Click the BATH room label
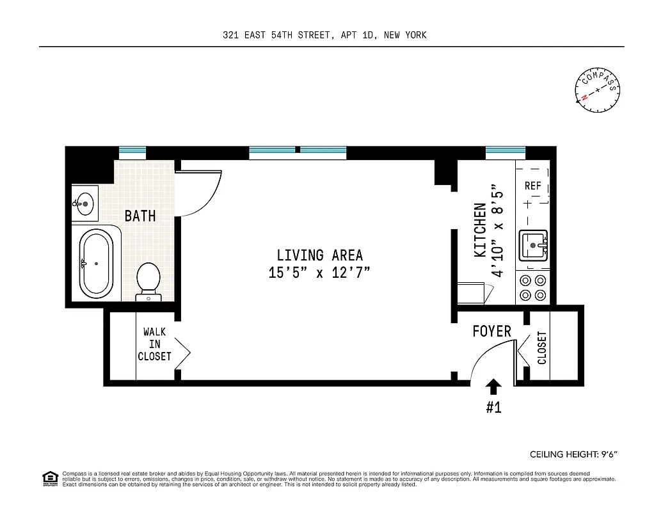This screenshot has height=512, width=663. point(140,216)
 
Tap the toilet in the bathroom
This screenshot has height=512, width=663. point(148,280)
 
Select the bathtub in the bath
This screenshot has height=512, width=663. point(95,263)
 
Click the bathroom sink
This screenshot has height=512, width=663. point(84,204)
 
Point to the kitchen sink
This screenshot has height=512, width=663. point(534,246)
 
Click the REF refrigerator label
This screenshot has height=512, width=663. point(532,186)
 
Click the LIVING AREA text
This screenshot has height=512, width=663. point(319,255)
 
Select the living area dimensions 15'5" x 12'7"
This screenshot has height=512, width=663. point(319,273)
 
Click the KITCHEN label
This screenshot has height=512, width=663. point(480,230)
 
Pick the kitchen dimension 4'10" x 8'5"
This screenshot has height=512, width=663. point(499,230)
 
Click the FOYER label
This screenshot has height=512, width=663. point(491,331)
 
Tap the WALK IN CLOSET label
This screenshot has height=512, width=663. point(154,344)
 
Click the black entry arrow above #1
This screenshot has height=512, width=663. point(493,386)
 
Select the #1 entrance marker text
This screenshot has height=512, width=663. point(493,408)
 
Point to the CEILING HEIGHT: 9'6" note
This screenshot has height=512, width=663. point(573,454)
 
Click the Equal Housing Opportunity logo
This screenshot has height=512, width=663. point(49,477)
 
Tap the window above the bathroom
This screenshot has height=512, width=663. point(132,153)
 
